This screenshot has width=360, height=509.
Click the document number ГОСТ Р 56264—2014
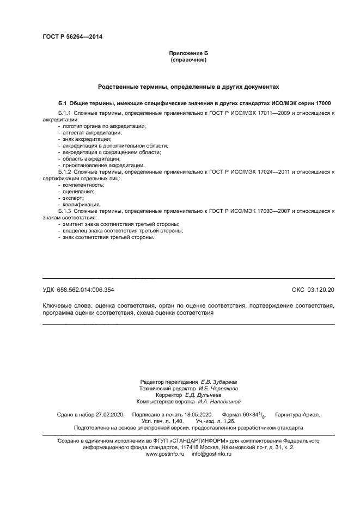[72, 37]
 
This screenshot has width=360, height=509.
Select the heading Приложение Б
[188, 53]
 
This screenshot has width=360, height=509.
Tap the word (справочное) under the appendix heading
[188, 59]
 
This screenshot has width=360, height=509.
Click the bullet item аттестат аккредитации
[92, 133]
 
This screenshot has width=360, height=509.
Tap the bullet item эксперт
[75, 198]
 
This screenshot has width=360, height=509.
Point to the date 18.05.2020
[193, 415]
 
